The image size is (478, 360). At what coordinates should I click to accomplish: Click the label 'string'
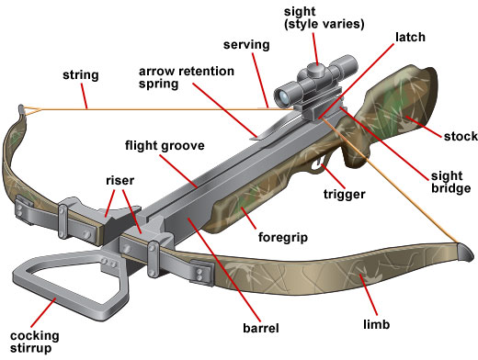[82, 75]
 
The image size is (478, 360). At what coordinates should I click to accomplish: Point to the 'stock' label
[459, 136]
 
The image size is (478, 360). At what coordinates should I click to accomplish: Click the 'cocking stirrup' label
[31, 341]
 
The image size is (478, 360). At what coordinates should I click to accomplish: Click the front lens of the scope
[285, 94]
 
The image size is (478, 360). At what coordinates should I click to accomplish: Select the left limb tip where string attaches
[21, 110]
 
